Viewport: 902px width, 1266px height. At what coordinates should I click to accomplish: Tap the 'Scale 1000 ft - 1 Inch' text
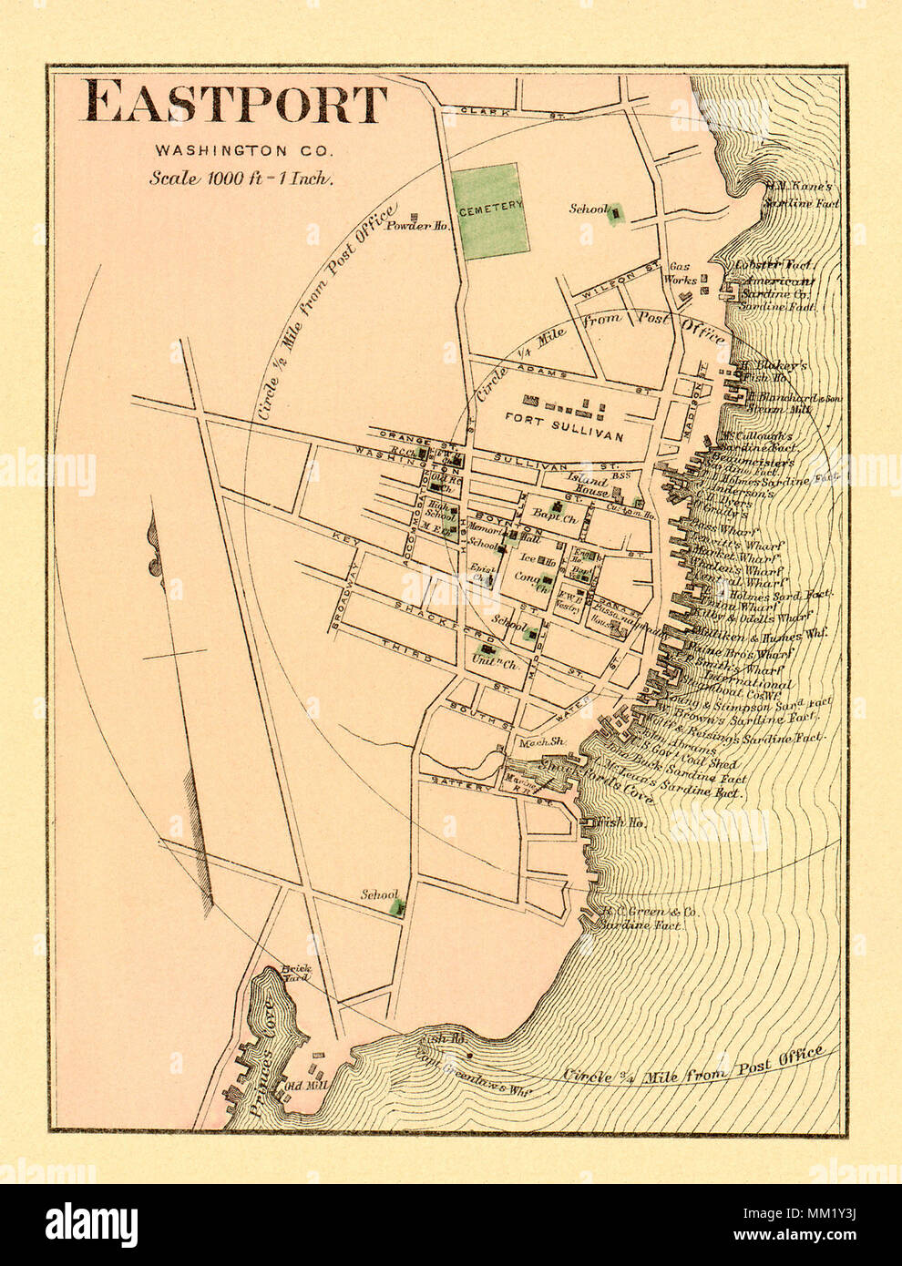click(241, 178)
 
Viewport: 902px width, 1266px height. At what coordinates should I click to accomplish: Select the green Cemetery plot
click(490, 209)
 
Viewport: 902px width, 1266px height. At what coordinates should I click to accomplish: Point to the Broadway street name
click(345, 592)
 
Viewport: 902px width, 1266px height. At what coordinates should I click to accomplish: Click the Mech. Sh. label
click(542, 742)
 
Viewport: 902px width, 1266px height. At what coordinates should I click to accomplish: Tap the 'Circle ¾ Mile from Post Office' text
click(692, 1069)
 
